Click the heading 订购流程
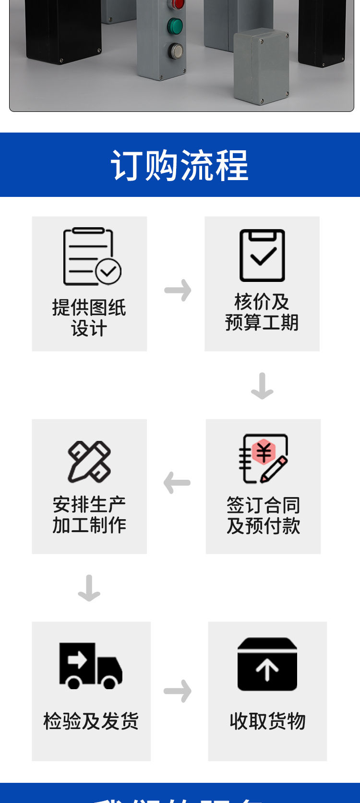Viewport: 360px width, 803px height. click(180, 165)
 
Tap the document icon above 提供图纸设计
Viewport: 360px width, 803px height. click(92, 256)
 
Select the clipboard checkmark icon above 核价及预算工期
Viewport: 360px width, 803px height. click(262, 255)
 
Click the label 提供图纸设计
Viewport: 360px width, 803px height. click(89, 318)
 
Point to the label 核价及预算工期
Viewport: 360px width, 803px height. click(262, 312)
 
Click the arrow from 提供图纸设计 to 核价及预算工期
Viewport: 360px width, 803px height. click(178, 290)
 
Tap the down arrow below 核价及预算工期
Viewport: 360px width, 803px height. click(262, 386)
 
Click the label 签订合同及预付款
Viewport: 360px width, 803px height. click(264, 515)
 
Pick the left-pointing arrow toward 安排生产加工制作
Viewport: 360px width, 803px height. click(177, 483)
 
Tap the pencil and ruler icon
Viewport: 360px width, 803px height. click(89, 462)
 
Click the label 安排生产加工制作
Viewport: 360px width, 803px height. click(89, 515)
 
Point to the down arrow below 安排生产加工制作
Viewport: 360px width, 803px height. click(89, 588)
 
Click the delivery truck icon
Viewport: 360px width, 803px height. click(90, 666)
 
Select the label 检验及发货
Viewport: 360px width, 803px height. click(91, 721)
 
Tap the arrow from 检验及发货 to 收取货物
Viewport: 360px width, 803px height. click(178, 691)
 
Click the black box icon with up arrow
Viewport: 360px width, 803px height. click(267, 664)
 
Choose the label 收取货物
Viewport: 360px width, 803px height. click(267, 721)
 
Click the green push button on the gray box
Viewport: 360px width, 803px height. click(175, 26)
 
